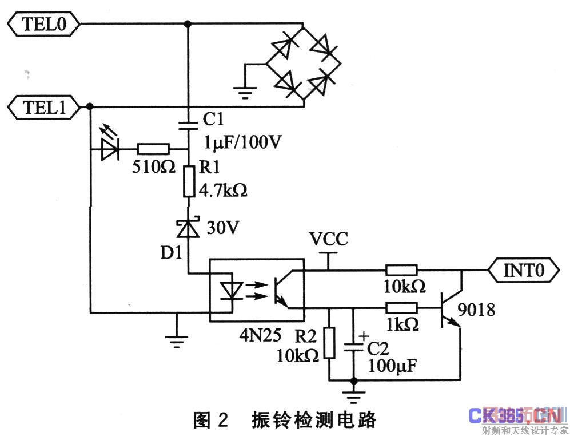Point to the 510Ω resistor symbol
tap(153, 150)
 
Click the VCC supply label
tap(328, 239)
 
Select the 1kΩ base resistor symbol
tap(401, 307)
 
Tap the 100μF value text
tap(392, 364)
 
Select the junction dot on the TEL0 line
tap(188, 24)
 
